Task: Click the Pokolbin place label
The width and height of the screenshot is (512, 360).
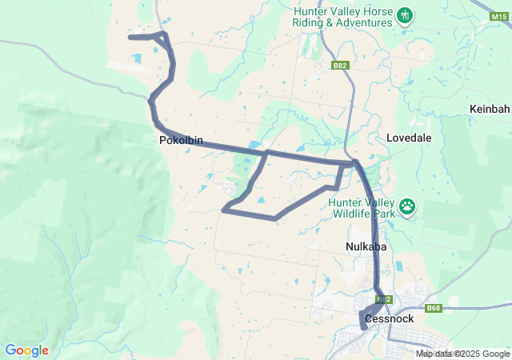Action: tap(181, 141)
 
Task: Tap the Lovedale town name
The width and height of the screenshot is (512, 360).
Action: tap(409, 138)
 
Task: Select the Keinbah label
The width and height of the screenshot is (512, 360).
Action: tap(490, 109)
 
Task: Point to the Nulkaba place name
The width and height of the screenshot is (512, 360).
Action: tap(366, 247)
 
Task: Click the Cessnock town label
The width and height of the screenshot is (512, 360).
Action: tap(388, 318)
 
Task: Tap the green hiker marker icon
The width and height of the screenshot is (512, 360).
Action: tap(405, 16)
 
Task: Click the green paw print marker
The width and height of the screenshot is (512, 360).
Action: tap(408, 207)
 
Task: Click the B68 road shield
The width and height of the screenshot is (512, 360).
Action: tap(434, 308)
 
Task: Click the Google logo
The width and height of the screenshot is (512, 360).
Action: tap(26, 350)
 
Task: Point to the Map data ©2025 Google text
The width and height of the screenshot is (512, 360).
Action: tap(462, 354)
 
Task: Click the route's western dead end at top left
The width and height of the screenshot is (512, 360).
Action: tap(130, 37)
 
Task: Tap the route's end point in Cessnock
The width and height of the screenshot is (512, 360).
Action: tap(365, 327)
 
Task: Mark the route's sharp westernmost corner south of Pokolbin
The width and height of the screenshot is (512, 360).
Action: tap(224, 210)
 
